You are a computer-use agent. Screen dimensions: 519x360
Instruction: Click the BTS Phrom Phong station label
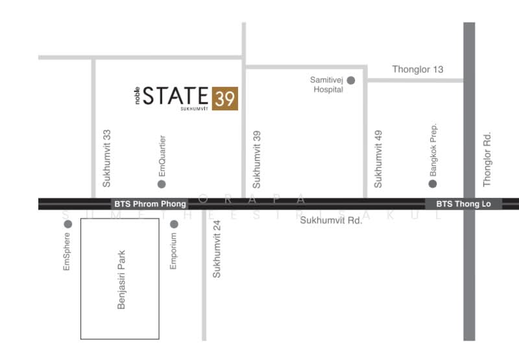pos(150,204)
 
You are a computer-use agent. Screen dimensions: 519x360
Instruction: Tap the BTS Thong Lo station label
pos(463,204)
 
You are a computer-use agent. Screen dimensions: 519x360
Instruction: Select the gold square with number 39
pos(225,98)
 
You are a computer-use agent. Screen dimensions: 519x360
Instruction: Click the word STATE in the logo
pos(176,96)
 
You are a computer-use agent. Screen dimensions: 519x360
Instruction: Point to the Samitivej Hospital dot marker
pos(351,80)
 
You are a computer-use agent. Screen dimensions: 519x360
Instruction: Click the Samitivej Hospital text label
pos(327,85)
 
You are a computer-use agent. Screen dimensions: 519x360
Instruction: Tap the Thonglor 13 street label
pos(418,69)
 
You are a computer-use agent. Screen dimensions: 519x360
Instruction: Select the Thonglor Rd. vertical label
pos(487,159)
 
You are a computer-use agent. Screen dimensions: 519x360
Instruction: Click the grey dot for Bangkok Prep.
pos(433,184)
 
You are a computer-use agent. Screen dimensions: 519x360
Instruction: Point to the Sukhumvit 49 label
pos(379,159)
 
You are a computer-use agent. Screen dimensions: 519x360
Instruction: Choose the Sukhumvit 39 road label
pos(256,159)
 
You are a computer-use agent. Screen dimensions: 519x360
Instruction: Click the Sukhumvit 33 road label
pos(107,158)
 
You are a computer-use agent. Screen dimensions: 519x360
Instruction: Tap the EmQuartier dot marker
pos(162,184)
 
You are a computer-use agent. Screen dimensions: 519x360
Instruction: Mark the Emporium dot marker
pos(174,224)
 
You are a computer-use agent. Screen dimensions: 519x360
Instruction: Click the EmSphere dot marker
pos(67,224)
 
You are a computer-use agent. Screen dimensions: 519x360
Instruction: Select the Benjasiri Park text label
pos(121,280)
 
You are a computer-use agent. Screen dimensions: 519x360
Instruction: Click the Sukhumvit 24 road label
pos(217,249)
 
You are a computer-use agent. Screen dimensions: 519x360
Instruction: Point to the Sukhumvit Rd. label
pos(331,221)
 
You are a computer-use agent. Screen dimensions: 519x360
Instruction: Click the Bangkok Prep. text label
pos(433,150)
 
